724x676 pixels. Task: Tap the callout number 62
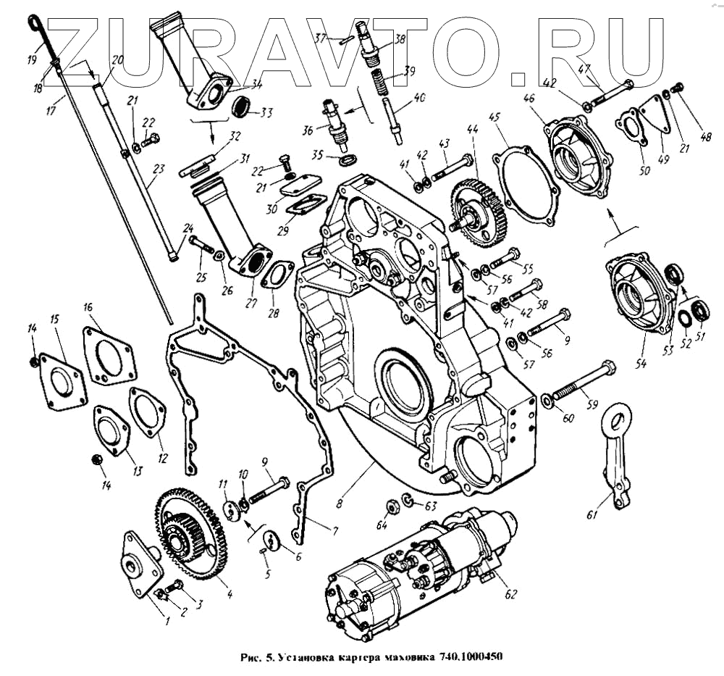[510, 596]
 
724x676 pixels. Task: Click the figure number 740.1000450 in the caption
[470, 658]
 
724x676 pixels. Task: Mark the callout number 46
[529, 98]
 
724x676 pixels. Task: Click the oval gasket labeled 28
[277, 277]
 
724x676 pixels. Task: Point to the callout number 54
[640, 364]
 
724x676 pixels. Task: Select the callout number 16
[89, 307]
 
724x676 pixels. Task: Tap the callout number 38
[399, 41]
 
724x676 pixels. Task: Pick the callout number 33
[266, 112]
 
